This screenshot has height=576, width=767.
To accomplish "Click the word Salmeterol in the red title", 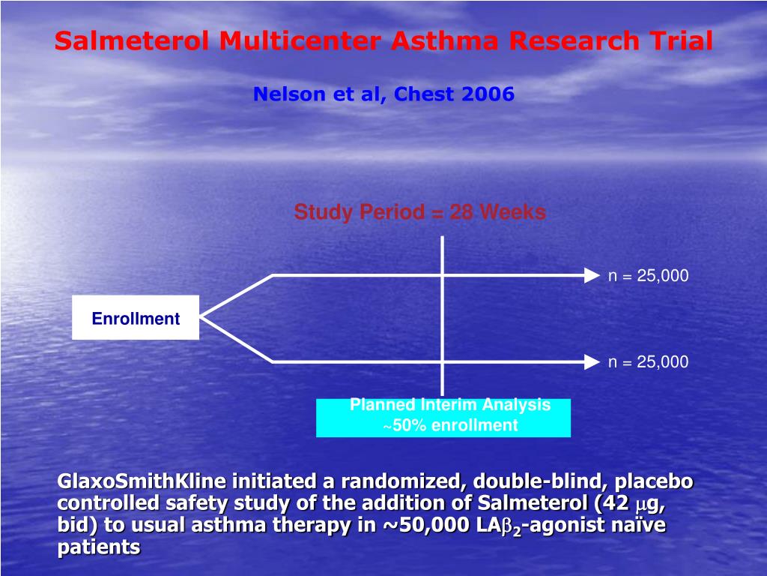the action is pyautogui.click(x=132, y=40).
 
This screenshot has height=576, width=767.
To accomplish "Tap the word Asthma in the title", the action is pyautogui.click(x=444, y=40).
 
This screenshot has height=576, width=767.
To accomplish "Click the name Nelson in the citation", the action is pyautogui.click(x=289, y=94).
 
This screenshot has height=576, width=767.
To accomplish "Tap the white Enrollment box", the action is pyautogui.click(x=136, y=317).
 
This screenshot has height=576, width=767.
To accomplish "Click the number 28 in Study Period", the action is pyautogui.click(x=461, y=212).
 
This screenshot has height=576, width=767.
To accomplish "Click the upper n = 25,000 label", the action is pyautogui.click(x=648, y=276).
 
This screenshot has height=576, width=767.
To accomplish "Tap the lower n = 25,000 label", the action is pyautogui.click(x=648, y=362).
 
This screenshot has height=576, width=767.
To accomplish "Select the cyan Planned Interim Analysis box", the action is pyautogui.click(x=443, y=417).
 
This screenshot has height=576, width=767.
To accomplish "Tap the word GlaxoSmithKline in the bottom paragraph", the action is pyautogui.click(x=142, y=481).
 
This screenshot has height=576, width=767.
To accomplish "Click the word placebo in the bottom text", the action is pyautogui.click(x=653, y=481).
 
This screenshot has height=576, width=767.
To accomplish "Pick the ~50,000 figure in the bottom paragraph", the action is pyautogui.click(x=426, y=524).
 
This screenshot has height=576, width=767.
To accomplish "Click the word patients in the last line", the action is pyautogui.click(x=99, y=547).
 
